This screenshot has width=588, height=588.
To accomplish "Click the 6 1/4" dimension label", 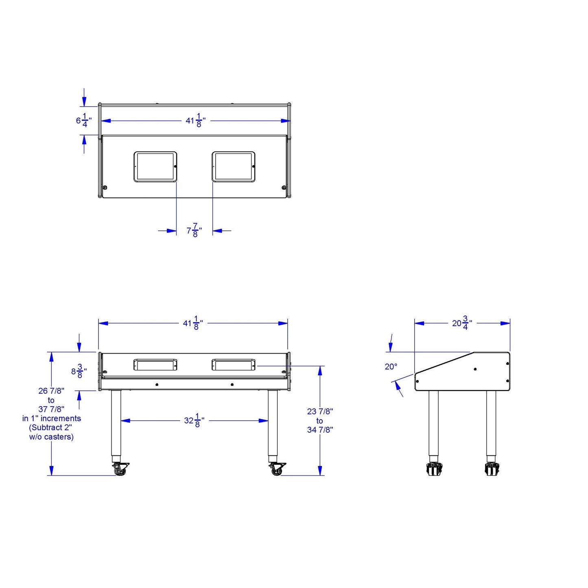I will [83, 120].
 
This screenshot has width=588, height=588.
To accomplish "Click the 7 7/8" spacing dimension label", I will [194, 231].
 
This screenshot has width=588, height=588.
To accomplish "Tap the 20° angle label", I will [391, 367].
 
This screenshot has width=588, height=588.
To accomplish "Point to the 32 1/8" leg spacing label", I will [194, 420].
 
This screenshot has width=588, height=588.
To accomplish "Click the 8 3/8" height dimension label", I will [79, 371].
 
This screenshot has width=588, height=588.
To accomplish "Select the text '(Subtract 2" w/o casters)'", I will [51, 432].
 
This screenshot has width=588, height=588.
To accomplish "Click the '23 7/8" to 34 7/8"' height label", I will [320, 420].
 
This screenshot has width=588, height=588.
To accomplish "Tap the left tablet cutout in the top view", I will [155, 166].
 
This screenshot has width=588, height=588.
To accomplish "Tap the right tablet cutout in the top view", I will [233, 166].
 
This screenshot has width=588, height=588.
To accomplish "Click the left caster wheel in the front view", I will [120, 470].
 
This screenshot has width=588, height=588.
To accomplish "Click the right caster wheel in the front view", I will [277, 470].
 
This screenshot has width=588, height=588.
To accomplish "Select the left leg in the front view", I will [116, 423].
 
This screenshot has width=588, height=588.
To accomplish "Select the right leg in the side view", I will [491, 423].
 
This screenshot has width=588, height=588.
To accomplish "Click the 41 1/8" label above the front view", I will [193, 323].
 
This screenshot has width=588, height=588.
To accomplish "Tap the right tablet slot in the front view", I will [233, 365].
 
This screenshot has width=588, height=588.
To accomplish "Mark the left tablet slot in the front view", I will [155, 365].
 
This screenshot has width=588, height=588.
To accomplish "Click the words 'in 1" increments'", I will [52, 418].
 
